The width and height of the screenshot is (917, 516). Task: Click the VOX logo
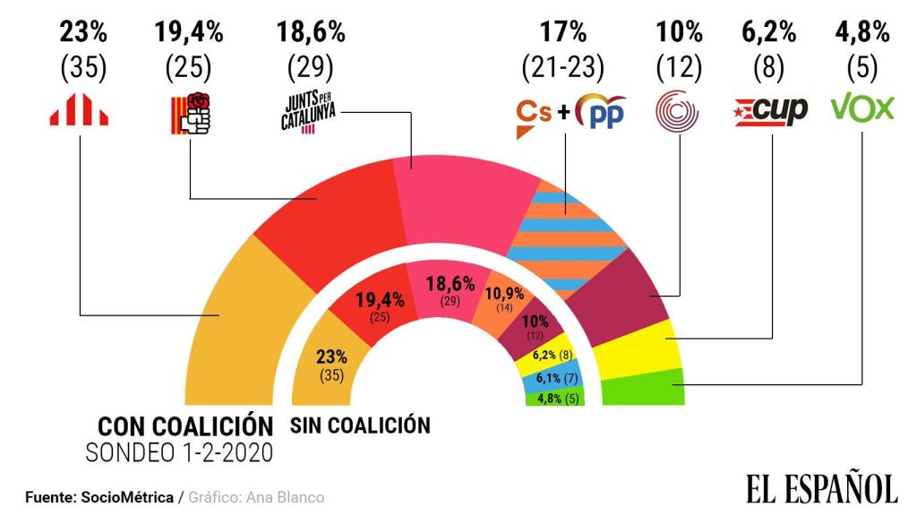(x=862, y=108)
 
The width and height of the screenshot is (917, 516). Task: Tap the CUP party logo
(x=771, y=111)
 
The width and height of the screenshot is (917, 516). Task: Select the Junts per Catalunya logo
(x=309, y=112)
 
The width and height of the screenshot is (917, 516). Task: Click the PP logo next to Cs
(x=601, y=111)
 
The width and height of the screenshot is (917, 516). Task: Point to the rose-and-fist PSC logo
(x=191, y=113)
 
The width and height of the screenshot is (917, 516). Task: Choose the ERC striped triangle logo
(x=79, y=109)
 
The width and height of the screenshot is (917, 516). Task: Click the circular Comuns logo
(x=677, y=110)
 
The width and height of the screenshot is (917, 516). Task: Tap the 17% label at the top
(x=562, y=31)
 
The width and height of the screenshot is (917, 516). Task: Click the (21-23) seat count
(x=562, y=67)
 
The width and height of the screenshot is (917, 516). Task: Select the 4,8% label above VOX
(x=862, y=32)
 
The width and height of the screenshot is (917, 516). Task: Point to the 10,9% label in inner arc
(x=505, y=293)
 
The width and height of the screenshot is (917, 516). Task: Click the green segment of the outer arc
(x=643, y=387)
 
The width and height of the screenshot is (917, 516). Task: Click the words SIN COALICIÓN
(x=360, y=426)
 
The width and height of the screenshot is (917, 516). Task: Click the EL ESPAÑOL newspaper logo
(x=822, y=486)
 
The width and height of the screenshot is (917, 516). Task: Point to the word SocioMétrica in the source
(x=127, y=497)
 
